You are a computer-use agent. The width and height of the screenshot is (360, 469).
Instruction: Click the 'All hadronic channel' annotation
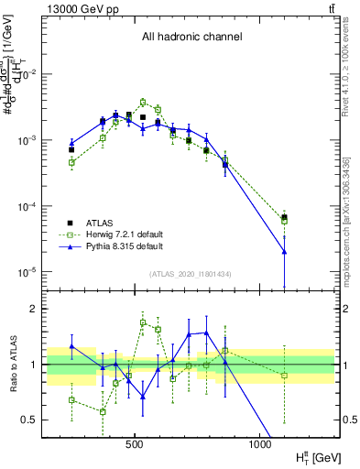[191, 38]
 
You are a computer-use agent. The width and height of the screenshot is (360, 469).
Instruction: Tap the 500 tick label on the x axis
[135, 443]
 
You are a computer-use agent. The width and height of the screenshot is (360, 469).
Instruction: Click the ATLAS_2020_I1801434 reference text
[191, 274]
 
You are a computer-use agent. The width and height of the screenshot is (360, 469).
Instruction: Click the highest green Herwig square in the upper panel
[143, 103]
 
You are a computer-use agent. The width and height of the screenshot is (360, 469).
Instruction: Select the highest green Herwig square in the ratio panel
[143, 322]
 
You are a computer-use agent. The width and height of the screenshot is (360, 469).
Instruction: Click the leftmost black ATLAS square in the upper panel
[71, 149]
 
